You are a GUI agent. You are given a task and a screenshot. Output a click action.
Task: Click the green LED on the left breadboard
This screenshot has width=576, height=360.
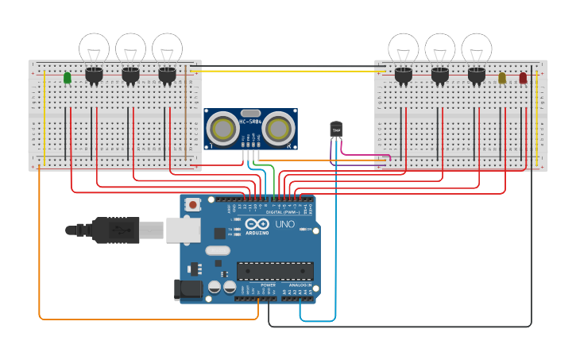[x=67, y=77]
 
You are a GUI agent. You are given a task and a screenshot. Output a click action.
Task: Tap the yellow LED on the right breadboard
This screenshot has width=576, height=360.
[x=502, y=78]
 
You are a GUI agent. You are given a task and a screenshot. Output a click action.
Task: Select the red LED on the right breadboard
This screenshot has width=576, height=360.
[x=523, y=78]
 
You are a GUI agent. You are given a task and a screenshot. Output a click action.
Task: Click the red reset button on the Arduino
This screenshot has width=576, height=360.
[x=192, y=205]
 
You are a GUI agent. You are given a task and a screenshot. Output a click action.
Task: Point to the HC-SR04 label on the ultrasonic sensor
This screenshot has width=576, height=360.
[x=250, y=122]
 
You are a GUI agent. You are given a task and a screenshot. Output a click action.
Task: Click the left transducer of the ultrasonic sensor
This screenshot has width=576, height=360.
[x=224, y=129]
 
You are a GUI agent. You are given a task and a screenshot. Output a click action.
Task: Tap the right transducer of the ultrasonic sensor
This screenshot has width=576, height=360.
[x=277, y=129]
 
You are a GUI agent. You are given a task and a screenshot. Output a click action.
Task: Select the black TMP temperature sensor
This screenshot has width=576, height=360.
[x=336, y=129]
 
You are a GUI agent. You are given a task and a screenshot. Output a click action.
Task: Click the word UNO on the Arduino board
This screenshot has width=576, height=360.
[x=285, y=225]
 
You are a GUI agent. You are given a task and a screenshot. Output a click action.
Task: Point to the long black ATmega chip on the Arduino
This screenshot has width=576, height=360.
[x=275, y=271]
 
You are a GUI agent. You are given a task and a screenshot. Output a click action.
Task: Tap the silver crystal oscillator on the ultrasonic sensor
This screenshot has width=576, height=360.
[x=250, y=114]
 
